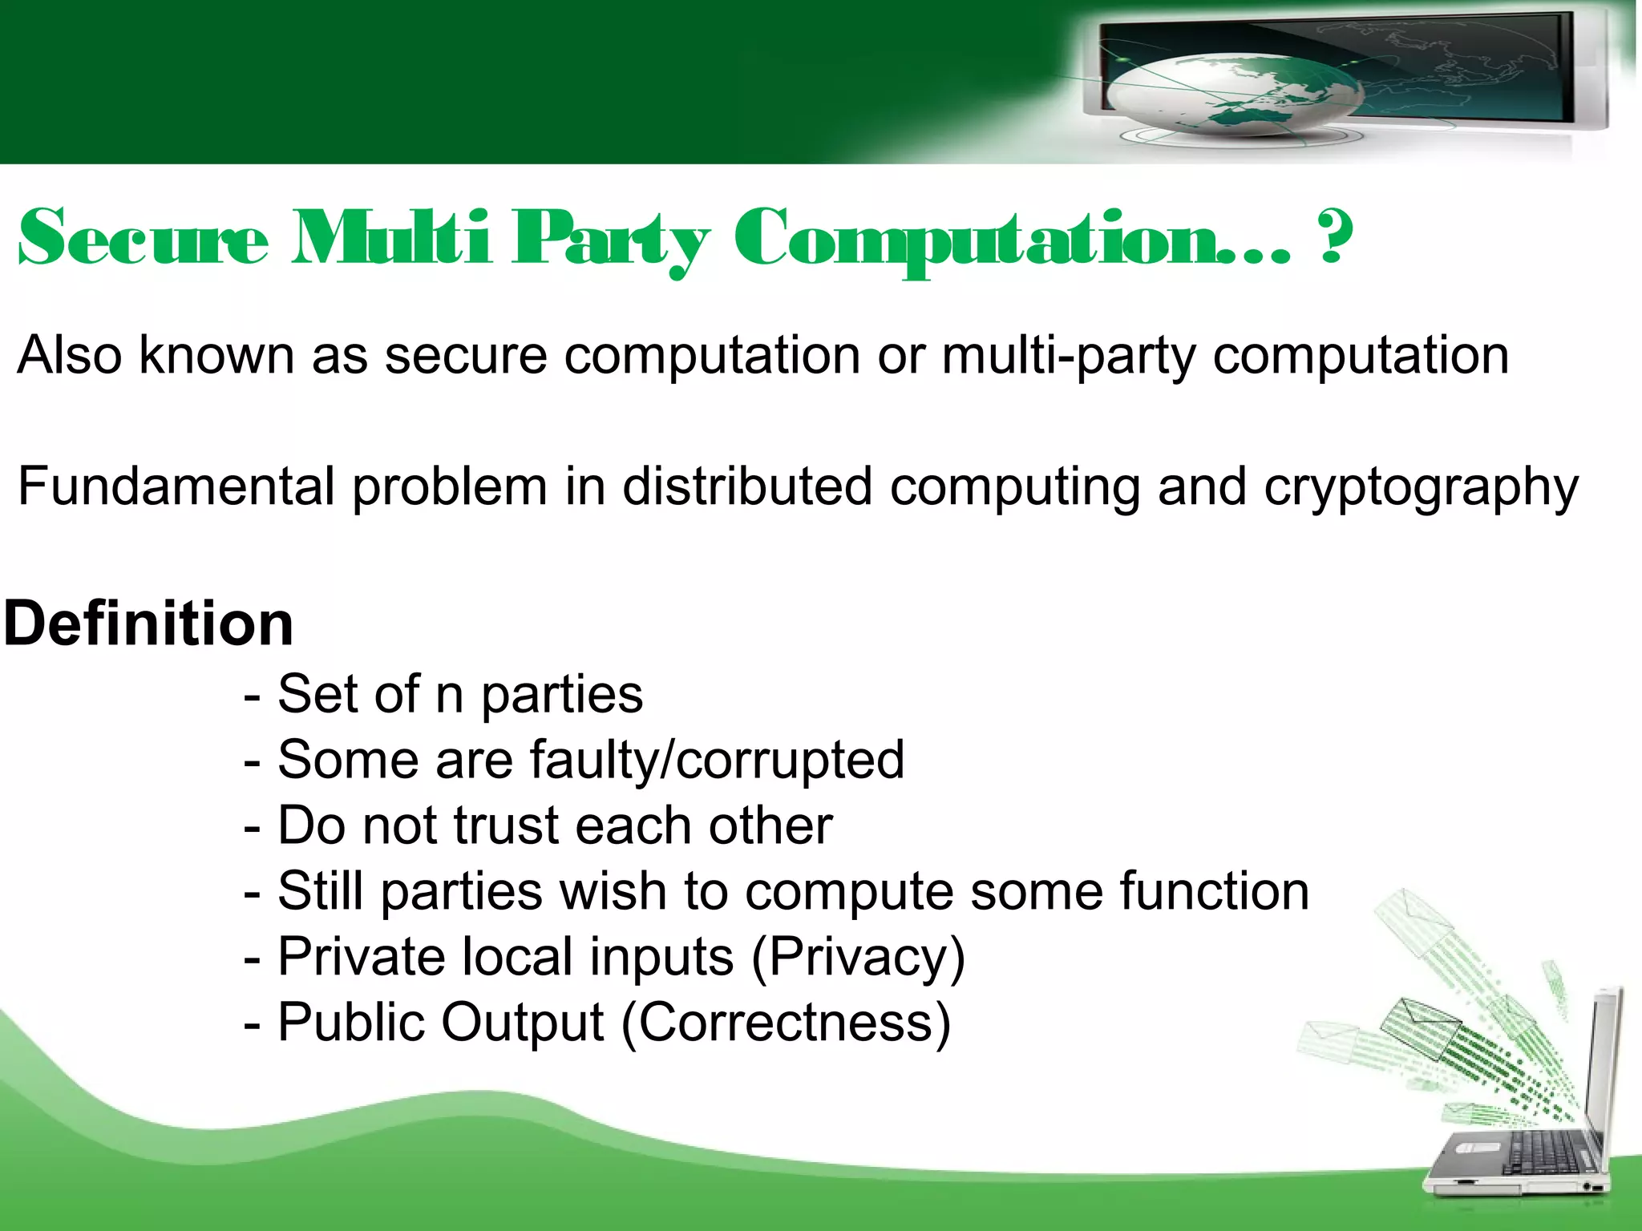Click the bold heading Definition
pyautogui.click(x=149, y=624)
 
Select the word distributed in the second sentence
pyautogui.click(x=746, y=486)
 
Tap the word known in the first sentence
pyautogui.click(x=216, y=355)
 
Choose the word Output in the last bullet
pyautogui.click(x=522, y=1023)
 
